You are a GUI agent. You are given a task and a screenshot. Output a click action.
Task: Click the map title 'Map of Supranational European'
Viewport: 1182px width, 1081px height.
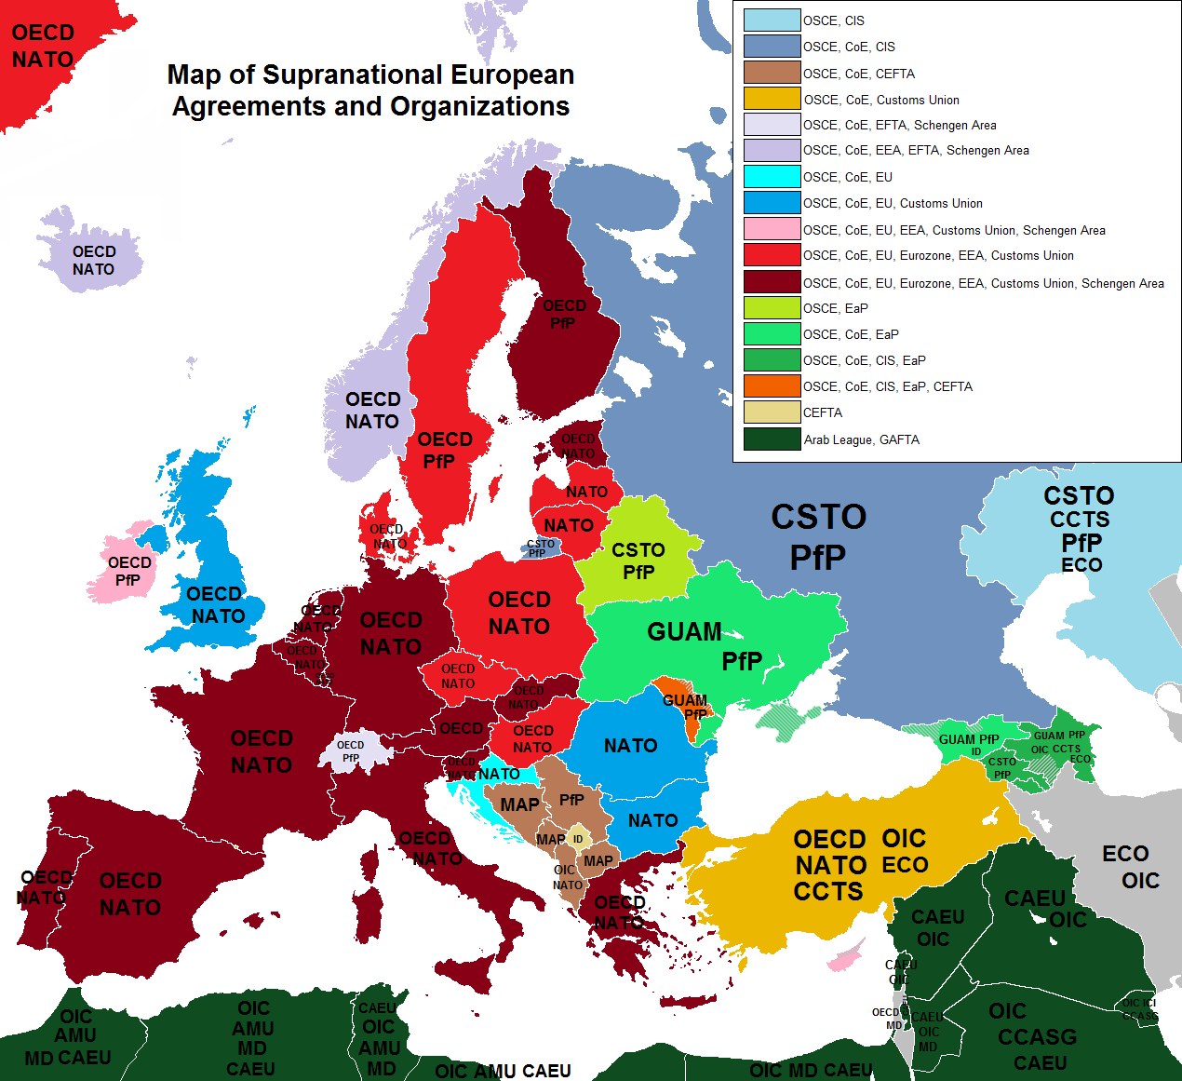pyautogui.click(x=370, y=74)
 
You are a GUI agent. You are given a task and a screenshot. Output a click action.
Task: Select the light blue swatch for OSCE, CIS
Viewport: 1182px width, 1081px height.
pyautogui.click(x=772, y=20)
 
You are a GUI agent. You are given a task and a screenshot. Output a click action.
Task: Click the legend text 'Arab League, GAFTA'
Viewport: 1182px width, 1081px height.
pyautogui.click(x=861, y=439)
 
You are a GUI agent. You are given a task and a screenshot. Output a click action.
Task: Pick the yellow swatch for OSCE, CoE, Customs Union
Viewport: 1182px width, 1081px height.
pyautogui.click(x=772, y=99)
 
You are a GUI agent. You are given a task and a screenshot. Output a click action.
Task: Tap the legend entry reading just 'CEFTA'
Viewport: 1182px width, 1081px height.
pyautogui.click(x=823, y=412)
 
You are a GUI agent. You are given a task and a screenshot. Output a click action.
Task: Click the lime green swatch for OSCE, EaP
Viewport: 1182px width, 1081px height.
pyautogui.click(x=772, y=308)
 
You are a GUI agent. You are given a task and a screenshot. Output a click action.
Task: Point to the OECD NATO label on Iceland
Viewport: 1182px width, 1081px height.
pyautogui.click(x=93, y=261)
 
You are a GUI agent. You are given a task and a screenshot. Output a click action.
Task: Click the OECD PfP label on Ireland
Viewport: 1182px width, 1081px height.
pyautogui.click(x=128, y=571)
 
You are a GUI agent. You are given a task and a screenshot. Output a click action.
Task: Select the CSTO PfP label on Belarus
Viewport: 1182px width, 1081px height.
pyautogui.click(x=638, y=561)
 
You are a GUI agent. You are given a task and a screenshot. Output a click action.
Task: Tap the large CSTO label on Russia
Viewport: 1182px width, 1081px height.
pyautogui.click(x=818, y=518)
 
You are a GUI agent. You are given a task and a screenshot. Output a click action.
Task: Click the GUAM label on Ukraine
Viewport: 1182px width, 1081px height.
pyautogui.click(x=684, y=632)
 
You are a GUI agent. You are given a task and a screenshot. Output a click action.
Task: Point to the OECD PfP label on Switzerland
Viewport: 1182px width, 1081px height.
pyautogui.click(x=350, y=751)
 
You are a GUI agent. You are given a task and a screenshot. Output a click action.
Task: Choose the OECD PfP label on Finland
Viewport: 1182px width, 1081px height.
pyautogui.click(x=564, y=315)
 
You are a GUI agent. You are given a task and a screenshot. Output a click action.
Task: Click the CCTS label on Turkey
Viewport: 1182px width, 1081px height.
pyautogui.click(x=827, y=892)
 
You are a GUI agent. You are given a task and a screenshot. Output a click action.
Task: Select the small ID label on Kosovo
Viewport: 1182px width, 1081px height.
pyautogui.click(x=578, y=839)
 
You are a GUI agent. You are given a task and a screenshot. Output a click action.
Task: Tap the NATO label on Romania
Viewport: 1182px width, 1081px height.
pyautogui.click(x=630, y=746)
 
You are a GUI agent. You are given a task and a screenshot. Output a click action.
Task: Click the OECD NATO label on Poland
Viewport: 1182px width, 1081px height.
pyautogui.click(x=519, y=613)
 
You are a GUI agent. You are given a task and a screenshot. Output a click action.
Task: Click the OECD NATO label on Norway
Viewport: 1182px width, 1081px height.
pyautogui.click(x=372, y=411)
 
